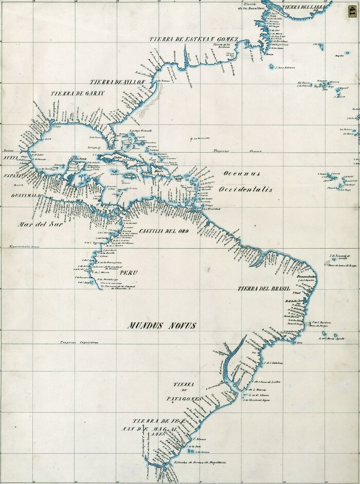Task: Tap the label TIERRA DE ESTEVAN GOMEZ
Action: (x=194, y=40)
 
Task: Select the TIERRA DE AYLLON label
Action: (x=119, y=82)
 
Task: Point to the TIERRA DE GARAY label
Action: (x=77, y=94)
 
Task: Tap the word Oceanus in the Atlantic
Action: (x=242, y=174)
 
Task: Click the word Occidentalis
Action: (x=245, y=190)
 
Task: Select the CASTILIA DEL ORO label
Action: (x=164, y=231)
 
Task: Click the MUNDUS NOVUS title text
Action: (x=163, y=325)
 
